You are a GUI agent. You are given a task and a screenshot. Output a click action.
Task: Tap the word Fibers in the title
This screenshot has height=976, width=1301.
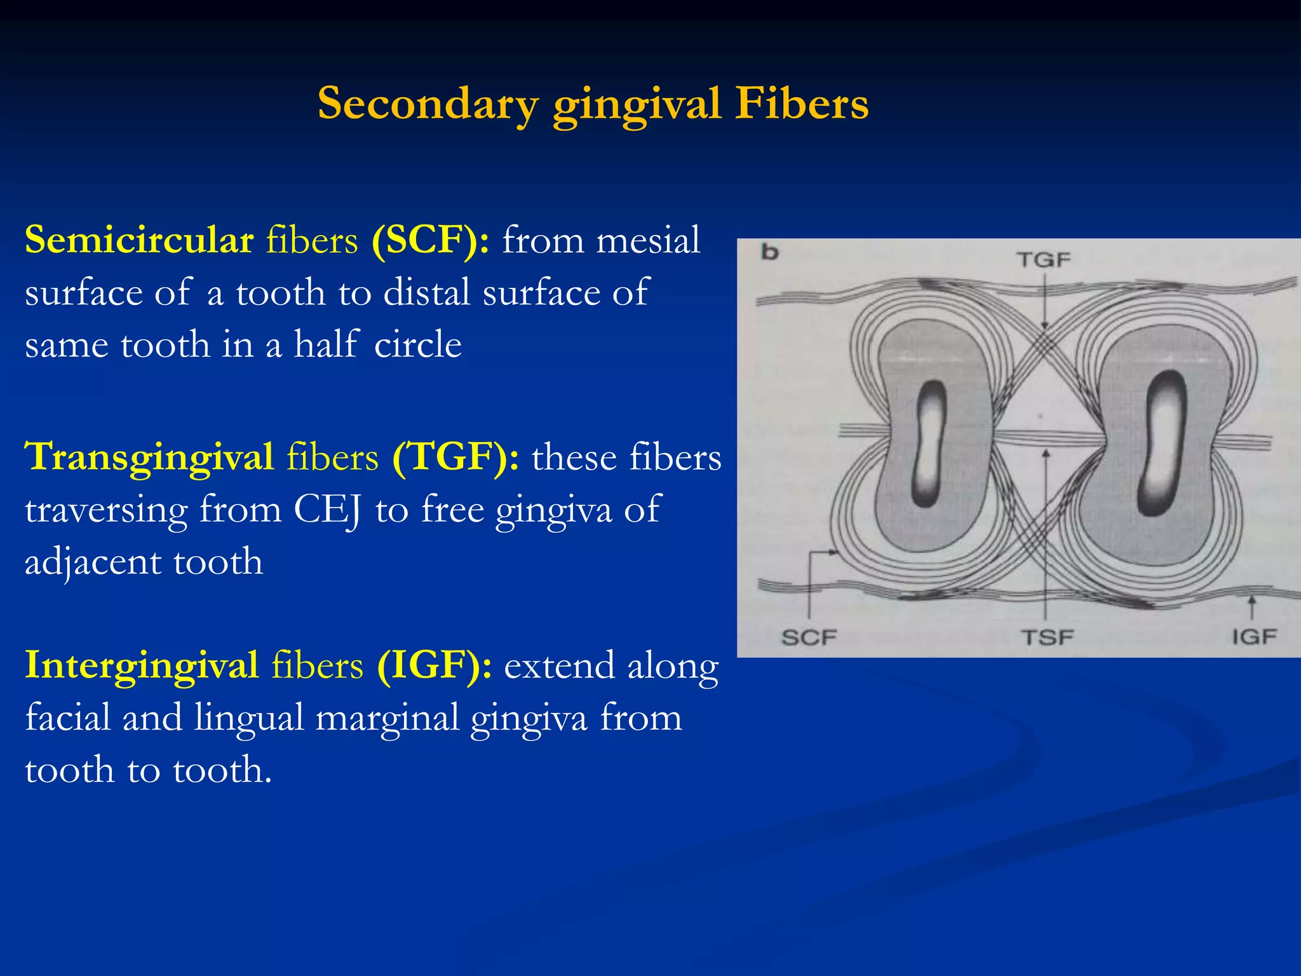click(802, 104)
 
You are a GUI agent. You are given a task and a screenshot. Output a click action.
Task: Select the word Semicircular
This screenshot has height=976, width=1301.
click(139, 241)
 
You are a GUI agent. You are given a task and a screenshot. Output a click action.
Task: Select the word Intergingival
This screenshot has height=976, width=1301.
click(141, 666)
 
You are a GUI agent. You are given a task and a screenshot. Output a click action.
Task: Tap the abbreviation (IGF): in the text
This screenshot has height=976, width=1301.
click(435, 666)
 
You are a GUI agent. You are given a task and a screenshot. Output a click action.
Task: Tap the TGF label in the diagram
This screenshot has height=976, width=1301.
click(1043, 260)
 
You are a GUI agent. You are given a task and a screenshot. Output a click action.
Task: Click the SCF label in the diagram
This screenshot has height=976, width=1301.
click(809, 637)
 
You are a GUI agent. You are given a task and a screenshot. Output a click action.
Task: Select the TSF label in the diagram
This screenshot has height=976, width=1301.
click(1046, 637)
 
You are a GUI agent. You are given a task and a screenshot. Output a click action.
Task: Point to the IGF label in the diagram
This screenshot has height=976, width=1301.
click(1254, 636)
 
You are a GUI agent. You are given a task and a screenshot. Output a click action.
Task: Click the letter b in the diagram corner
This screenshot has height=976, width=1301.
click(770, 253)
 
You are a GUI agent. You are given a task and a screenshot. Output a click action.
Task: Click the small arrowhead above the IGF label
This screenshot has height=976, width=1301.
click(1251, 600)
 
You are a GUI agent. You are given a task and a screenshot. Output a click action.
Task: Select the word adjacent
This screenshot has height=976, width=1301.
click(91, 562)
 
